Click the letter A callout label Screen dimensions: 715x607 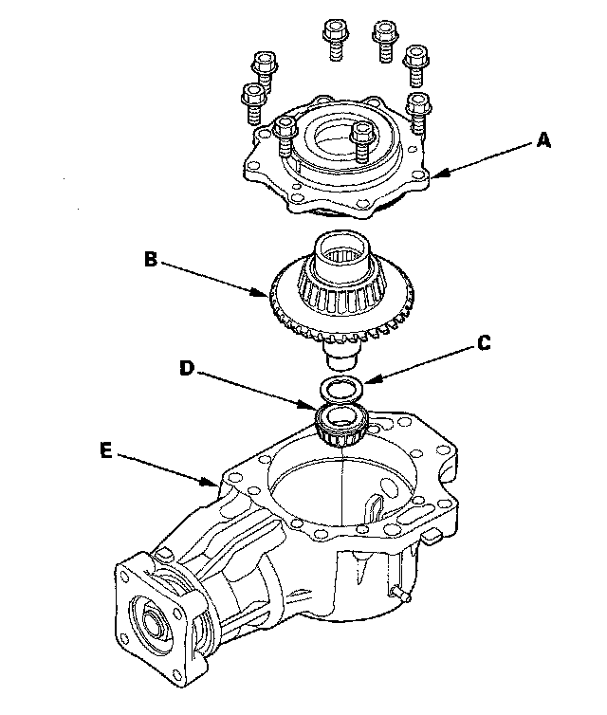click(543, 141)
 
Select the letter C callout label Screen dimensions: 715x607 click(484, 344)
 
